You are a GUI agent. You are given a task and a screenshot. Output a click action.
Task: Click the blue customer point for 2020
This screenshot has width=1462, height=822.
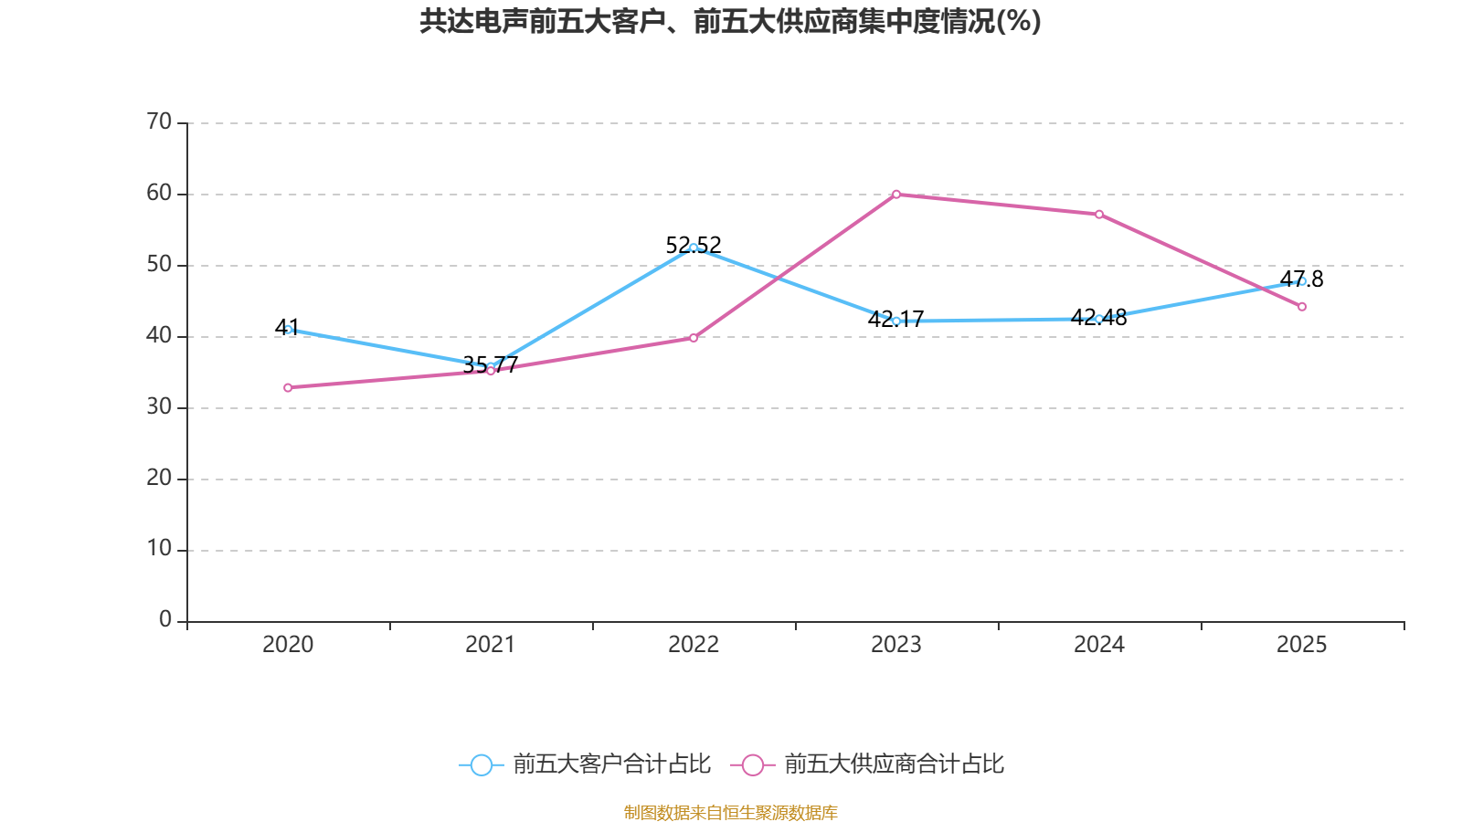click(x=288, y=330)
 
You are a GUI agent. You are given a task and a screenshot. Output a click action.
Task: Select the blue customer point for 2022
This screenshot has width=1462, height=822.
click(x=694, y=248)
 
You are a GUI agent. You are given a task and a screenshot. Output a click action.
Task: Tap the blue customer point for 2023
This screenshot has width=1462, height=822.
click(x=896, y=321)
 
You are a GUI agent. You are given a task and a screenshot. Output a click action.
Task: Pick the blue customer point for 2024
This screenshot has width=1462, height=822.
click(x=1099, y=319)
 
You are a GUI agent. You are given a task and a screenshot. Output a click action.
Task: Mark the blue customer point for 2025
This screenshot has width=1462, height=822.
click(x=1302, y=281)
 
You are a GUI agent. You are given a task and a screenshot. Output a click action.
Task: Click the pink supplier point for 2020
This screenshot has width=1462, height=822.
click(x=288, y=387)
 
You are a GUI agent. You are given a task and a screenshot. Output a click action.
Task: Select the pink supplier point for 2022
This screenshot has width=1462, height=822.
click(x=694, y=338)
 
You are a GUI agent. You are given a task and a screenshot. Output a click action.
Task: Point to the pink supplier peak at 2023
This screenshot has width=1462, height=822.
click(x=896, y=195)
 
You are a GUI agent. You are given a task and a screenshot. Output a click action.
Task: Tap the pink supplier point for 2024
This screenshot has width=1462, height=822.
click(x=1099, y=215)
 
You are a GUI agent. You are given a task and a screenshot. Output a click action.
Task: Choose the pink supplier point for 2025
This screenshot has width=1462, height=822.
click(x=1302, y=307)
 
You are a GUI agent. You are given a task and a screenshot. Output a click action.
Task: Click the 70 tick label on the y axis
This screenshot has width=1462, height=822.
click(x=159, y=121)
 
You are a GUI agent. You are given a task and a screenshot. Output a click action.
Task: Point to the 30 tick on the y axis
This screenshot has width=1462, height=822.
click(x=159, y=406)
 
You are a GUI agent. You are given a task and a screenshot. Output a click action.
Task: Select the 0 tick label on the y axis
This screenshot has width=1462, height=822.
click(x=165, y=620)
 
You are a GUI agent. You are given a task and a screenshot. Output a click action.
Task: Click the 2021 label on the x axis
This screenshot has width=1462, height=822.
click(x=491, y=645)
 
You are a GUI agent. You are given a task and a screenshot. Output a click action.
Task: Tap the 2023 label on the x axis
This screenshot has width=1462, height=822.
click(x=896, y=645)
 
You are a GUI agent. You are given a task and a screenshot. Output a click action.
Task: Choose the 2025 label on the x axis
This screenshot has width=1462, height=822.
click(x=1302, y=645)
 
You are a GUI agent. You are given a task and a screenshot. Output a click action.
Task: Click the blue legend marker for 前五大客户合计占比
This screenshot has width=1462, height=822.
click(x=481, y=764)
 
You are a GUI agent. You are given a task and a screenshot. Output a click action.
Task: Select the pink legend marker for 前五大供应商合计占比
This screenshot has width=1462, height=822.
click(x=752, y=764)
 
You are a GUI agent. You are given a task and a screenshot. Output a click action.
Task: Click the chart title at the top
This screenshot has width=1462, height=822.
click(x=730, y=21)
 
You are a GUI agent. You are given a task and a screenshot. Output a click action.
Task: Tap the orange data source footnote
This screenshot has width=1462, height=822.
click(x=730, y=812)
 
